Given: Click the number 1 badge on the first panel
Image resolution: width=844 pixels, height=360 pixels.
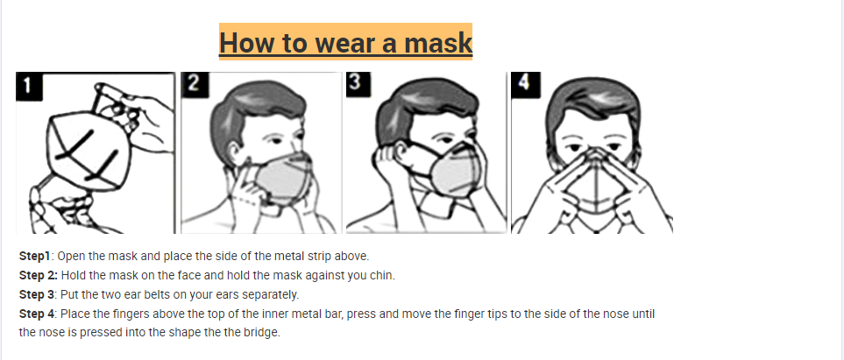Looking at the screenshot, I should click(28, 85).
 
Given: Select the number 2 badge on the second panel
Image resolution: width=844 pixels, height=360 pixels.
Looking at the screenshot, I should click(192, 82).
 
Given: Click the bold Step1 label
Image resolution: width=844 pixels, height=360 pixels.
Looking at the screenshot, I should click(36, 257).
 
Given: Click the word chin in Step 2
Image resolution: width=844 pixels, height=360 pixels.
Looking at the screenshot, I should click(382, 276).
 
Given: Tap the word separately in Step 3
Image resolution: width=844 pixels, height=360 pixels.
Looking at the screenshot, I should click(271, 295).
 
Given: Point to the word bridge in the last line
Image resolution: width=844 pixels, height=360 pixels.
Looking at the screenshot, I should click(260, 333).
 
